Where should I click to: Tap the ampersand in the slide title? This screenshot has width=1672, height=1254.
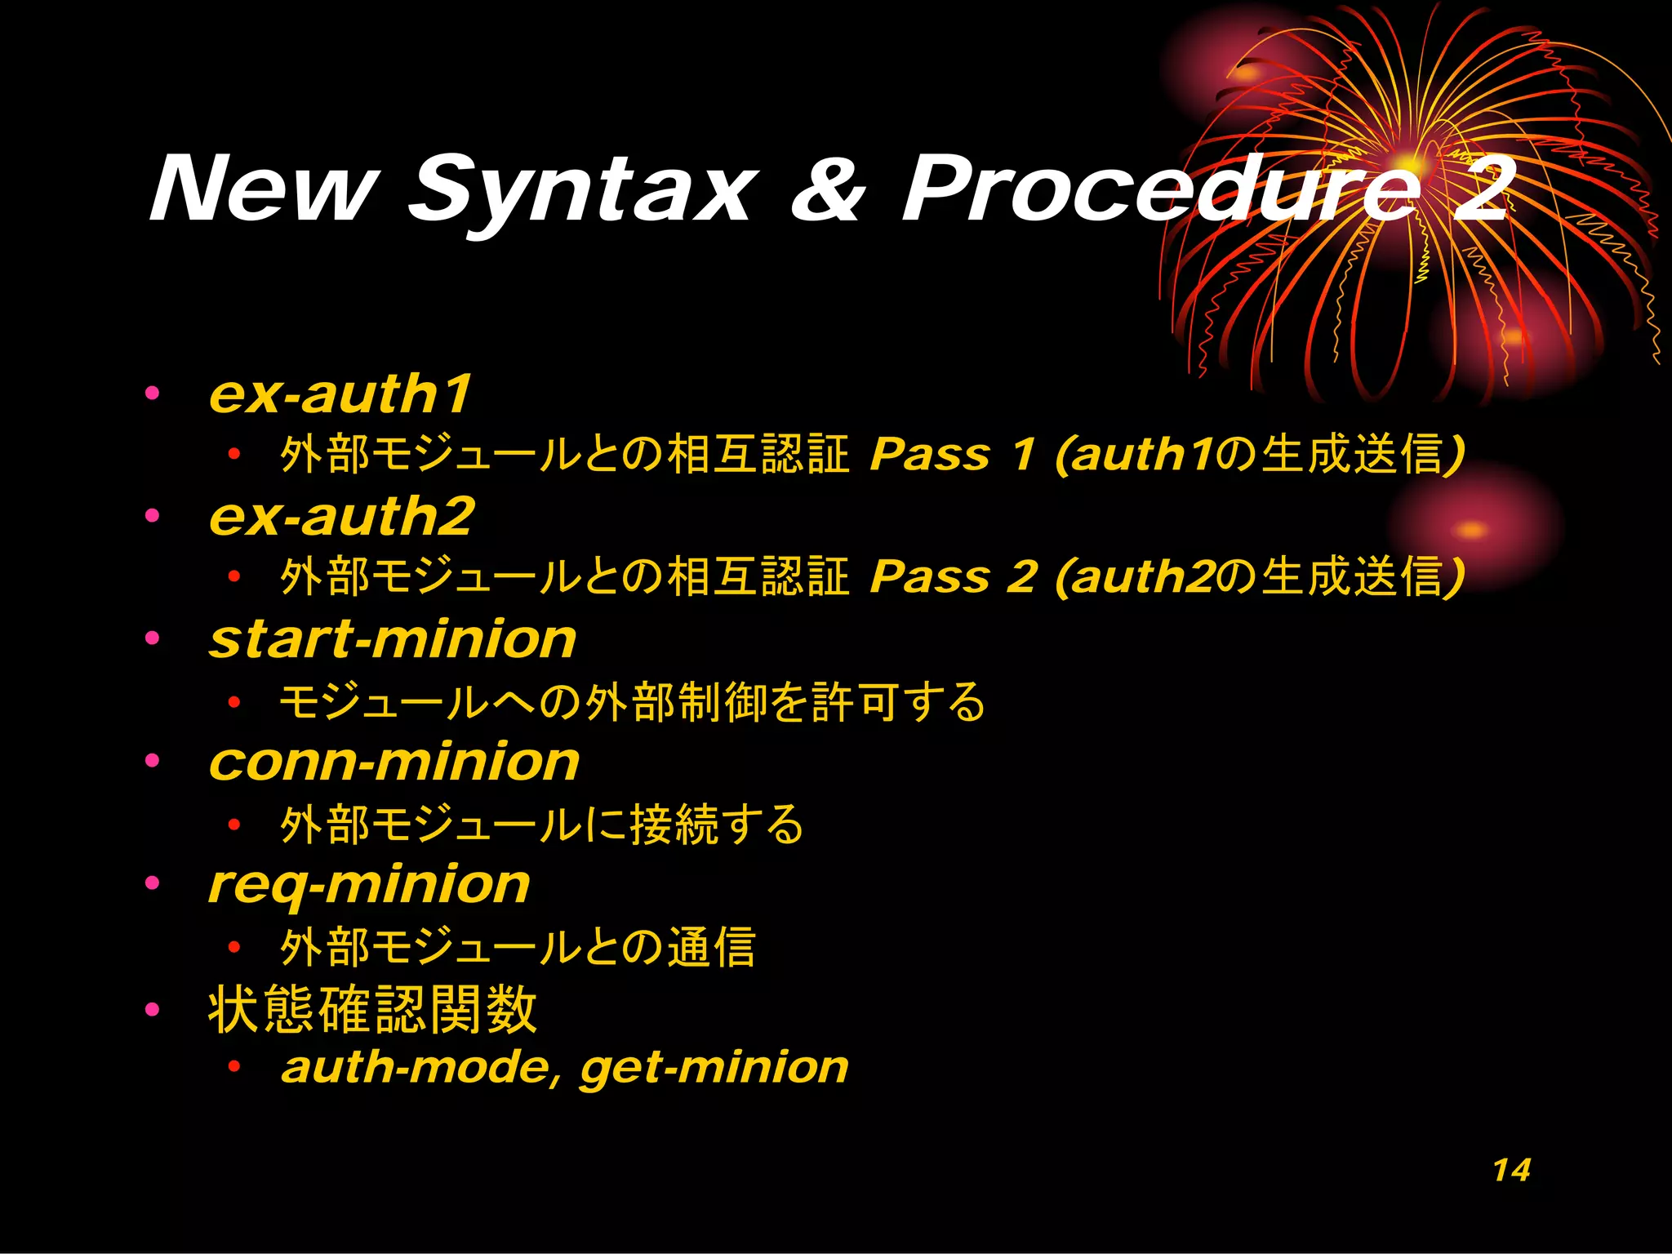[x=826, y=189]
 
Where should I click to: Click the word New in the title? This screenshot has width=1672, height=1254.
[x=264, y=189]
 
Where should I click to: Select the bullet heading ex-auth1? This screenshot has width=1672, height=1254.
[x=340, y=394]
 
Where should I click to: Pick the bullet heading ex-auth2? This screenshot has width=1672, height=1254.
[x=341, y=516]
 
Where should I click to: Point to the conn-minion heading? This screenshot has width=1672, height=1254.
[x=394, y=762]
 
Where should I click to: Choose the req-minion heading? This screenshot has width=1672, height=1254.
[x=369, y=885]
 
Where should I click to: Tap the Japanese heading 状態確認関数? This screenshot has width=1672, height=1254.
[x=372, y=1010]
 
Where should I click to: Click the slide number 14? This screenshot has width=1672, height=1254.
[x=1511, y=1171]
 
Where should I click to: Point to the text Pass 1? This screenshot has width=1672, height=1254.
[x=952, y=454]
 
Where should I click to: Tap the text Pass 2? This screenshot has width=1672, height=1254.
[x=953, y=576]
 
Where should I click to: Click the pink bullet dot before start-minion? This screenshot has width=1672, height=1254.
[x=152, y=638]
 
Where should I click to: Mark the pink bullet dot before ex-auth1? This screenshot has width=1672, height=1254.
[x=152, y=394]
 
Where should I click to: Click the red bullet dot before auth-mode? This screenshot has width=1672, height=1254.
[x=234, y=1066]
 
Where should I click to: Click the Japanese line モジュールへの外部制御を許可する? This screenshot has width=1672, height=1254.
[x=632, y=701]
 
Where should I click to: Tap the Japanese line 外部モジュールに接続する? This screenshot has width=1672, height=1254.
[x=541, y=824]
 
